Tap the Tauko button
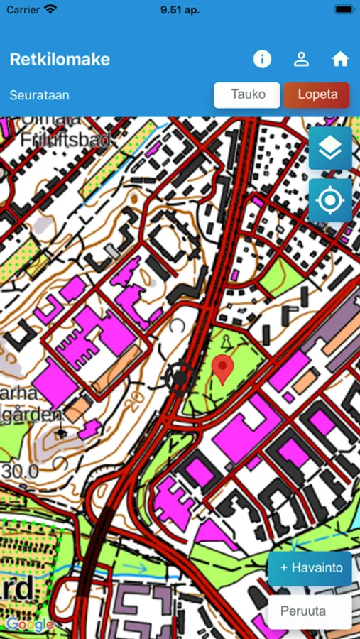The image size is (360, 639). (247, 95)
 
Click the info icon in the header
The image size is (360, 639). (262, 59)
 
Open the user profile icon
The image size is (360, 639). (301, 59)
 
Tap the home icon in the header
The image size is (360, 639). (340, 59)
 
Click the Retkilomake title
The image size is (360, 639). (60, 59)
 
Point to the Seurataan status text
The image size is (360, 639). (40, 95)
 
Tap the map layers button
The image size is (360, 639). (330, 148)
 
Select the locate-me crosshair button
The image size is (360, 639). (330, 200)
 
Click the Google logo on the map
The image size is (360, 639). (30, 625)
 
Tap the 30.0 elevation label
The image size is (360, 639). (19, 471)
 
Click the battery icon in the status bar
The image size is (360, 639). (344, 10)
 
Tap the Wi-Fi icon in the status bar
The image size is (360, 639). (50, 10)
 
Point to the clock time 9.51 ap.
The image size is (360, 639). (180, 10)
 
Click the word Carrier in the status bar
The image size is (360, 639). (23, 10)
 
